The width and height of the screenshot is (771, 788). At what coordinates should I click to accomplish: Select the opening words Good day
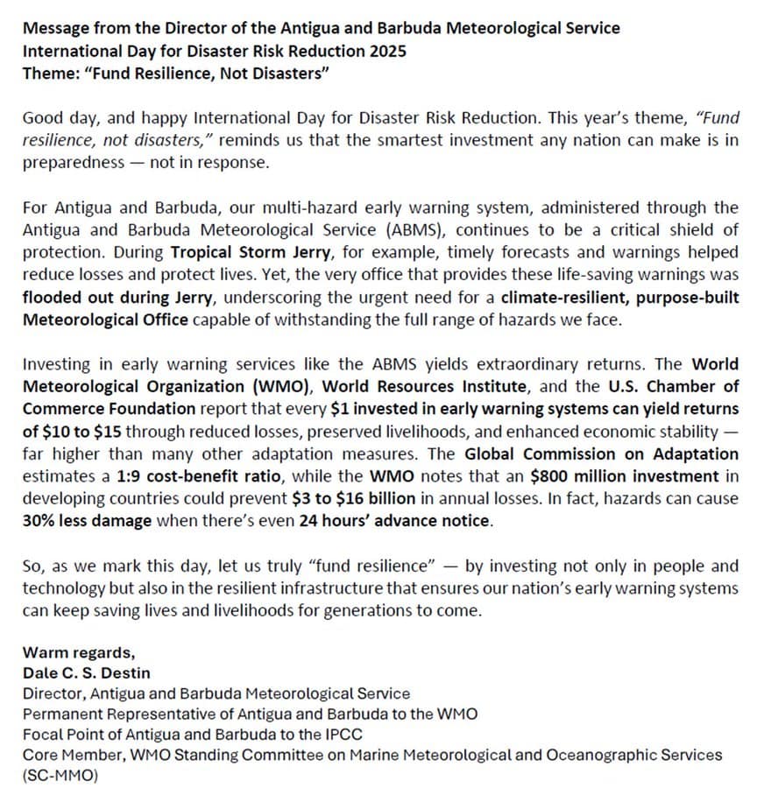pyautogui.click(x=53, y=118)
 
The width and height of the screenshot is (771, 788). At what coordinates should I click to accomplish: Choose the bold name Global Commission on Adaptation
pyautogui.click(x=601, y=454)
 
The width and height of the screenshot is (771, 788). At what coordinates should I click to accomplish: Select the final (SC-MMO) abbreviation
pyautogui.click(x=59, y=775)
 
